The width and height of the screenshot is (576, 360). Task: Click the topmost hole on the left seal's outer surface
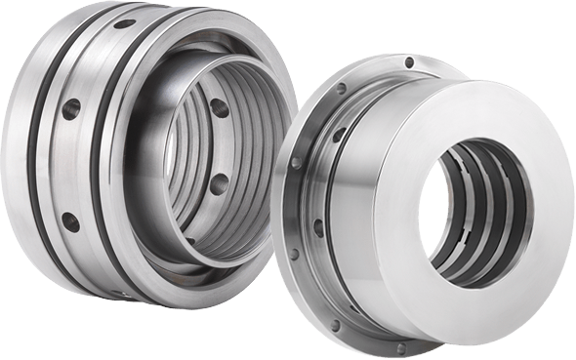coord(124,22)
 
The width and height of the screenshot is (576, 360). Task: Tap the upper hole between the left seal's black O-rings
coord(71,108)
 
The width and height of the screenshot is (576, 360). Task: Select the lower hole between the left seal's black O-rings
coord(70,221)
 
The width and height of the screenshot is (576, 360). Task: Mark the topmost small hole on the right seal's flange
coord(409,62)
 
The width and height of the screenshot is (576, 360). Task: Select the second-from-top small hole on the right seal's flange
coord(341,89)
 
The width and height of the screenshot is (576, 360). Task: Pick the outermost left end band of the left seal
coord(15,156)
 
